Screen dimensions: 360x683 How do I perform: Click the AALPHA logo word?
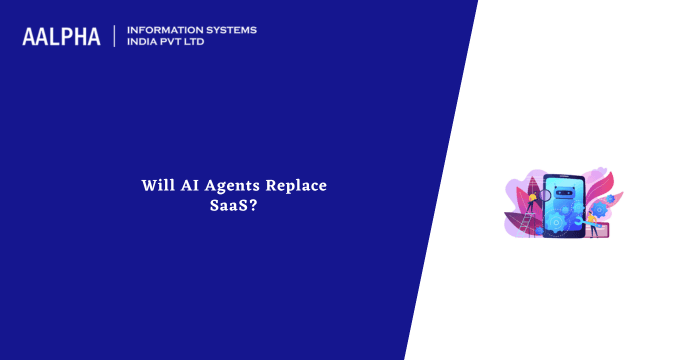point(61,37)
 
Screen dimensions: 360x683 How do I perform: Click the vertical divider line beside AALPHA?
point(116,37)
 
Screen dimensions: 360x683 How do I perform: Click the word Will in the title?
point(155,186)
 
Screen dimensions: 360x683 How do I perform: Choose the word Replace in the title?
point(297,186)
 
